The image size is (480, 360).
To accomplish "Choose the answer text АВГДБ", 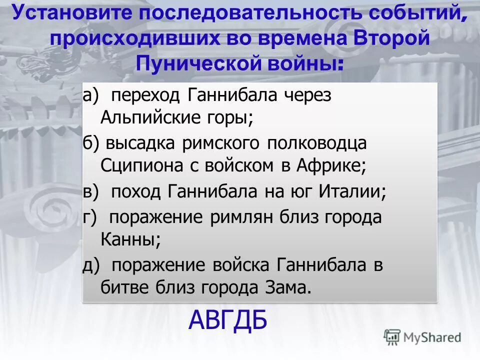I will point(228,320).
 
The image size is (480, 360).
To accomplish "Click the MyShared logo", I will point(422,337).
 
